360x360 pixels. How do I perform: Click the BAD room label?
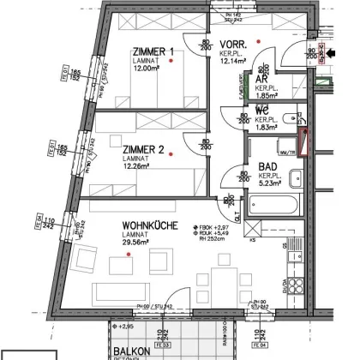[x=266, y=170]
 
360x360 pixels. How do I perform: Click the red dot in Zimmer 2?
[x=171, y=154]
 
